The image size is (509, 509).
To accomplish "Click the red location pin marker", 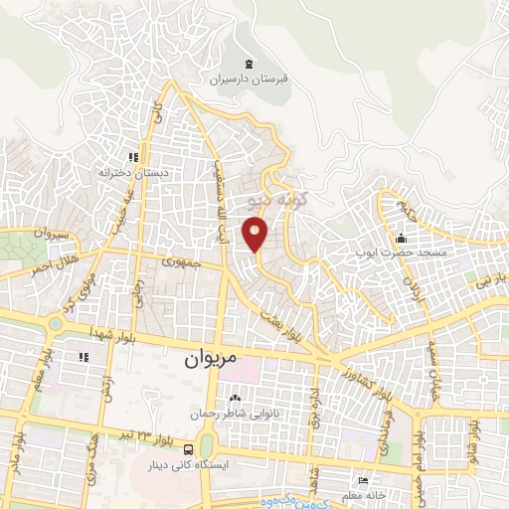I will [256, 235].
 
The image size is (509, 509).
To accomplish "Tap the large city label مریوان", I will [211, 363].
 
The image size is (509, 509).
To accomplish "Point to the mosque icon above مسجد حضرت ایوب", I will [401, 238].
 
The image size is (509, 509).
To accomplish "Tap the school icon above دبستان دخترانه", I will [134, 157].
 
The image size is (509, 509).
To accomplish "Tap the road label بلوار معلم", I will [20, 372].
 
